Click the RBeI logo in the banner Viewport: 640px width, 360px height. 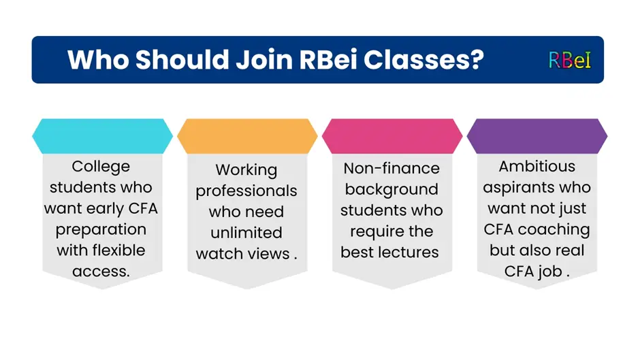tap(570, 60)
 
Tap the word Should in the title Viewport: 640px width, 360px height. tap(182, 60)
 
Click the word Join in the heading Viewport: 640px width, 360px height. tap(264, 60)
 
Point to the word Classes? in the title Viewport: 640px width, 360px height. tap(423, 60)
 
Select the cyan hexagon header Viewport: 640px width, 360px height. tap(102, 136)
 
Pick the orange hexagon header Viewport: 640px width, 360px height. tap(247, 136)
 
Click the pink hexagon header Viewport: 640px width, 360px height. tap(392, 136)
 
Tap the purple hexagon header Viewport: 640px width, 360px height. tap(537, 136)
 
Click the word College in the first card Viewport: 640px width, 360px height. tap(101, 167)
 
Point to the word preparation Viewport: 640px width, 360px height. tap(101, 230)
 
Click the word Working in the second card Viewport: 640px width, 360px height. tap(246, 170)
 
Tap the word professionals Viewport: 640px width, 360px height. tap(246, 191)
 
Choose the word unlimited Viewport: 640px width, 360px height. tap(246, 233)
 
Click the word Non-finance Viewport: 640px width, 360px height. tap(391, 168)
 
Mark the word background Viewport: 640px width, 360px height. tap(391, 190)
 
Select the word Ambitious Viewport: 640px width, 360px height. tap(537, 167)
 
